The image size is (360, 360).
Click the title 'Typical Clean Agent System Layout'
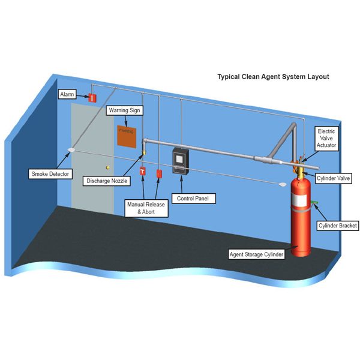pyautogui.click(x=272, y=77)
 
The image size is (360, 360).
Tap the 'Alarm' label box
pyautogui.click(x=67, y=95)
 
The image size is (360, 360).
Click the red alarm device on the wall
pyautogui.click(x=92, y=98)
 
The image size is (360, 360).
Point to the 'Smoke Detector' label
pyautogui.click(x=51, y=174)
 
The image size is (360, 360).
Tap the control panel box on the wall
pyautogui.click(x=181, y=160)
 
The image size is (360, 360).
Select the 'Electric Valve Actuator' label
pyautogui.click(x=328, y=137)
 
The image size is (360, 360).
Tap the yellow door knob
pyautogui.click(x=107, y=167)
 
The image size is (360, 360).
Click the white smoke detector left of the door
pyautogui.click(x=71, y=148)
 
